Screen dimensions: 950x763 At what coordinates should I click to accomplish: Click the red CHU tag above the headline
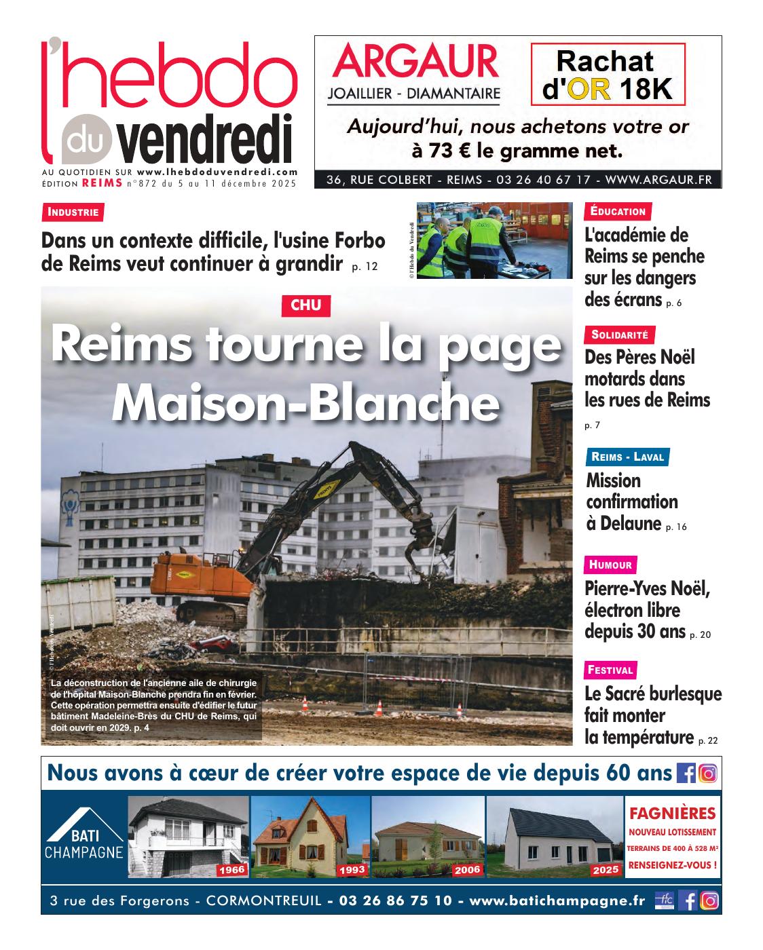click(x=305, y=306)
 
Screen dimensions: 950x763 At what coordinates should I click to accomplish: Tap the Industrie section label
click(x=73, y=212)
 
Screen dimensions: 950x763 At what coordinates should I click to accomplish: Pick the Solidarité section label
click(x=619, y=335)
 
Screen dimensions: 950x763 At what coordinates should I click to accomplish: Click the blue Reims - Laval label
click(x=627, y=457)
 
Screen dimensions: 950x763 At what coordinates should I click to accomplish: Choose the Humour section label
click(x=610, y=565)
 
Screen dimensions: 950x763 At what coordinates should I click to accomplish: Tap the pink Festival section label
click(x=611, y=670)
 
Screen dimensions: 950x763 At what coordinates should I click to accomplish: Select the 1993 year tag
click(x=351, y=870)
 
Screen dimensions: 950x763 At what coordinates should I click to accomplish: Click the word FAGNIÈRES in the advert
click(x=673, y=813)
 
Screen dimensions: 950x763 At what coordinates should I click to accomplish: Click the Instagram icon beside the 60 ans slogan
click(x=708, y=774)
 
